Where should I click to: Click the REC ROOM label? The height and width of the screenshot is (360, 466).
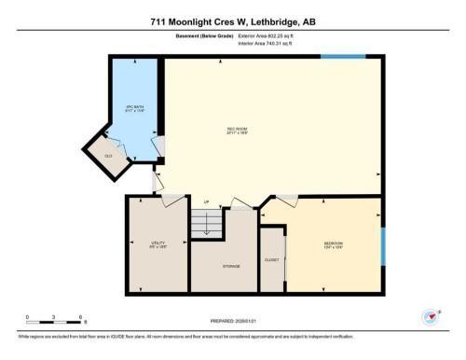coord(237,130)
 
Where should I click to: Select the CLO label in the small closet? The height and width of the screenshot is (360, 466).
coord(108,156)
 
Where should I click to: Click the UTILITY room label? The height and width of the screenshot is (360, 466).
coord(158,244)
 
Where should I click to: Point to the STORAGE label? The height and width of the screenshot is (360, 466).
coord(231,266)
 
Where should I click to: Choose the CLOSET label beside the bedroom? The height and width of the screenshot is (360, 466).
coord(271,259)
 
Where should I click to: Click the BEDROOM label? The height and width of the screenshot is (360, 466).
coord(334,245)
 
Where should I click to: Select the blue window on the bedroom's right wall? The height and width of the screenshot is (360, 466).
coord(382,246)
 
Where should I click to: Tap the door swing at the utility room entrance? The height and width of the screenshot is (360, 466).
coord(172,201)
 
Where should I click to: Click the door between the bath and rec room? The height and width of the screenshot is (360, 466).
coord(159,145)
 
